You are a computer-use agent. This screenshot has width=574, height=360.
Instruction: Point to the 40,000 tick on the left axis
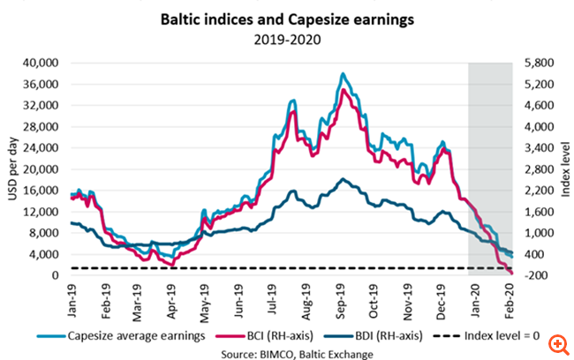(40, 64)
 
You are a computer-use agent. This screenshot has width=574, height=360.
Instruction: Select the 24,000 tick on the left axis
(40, 148)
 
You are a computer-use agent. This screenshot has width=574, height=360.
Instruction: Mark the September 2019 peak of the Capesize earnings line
(342, 73)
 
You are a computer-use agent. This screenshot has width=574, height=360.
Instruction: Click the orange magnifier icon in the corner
(556, 342)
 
